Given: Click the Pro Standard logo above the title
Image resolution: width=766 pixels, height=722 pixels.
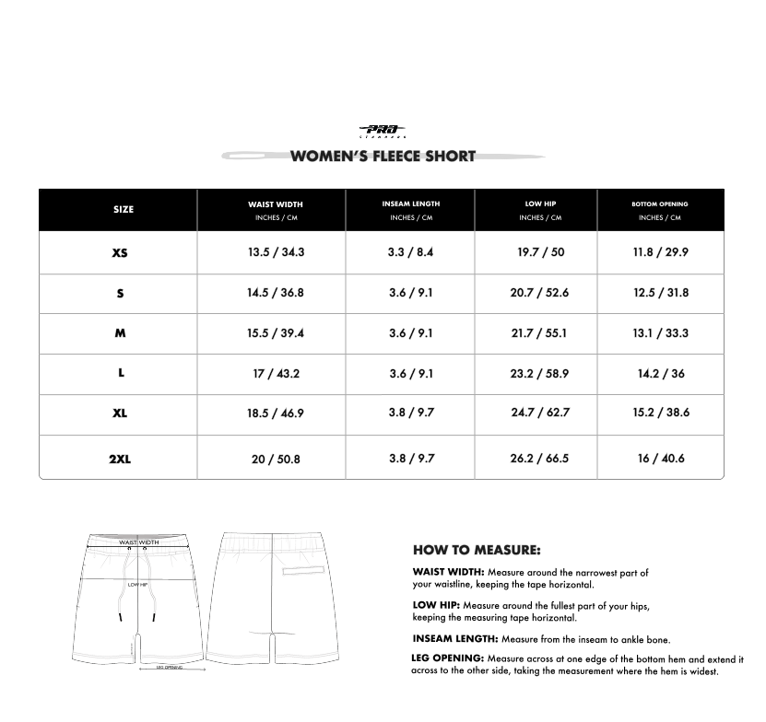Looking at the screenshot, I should click(382, 131).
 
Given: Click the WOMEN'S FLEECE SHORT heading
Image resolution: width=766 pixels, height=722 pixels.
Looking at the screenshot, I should click(383, 156).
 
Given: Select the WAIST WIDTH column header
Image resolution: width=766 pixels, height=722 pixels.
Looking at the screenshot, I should click(275, 204).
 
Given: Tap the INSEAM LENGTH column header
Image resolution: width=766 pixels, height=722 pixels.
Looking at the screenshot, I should click(410, 204).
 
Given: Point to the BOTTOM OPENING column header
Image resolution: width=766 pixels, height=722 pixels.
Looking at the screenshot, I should click(659, 204).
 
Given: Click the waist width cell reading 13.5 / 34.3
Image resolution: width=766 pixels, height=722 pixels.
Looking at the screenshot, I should click(276, 252).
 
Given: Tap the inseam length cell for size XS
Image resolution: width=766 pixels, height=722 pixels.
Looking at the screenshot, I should click(410, 252).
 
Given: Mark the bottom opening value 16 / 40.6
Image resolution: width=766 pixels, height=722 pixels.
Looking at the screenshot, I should click(661, 459).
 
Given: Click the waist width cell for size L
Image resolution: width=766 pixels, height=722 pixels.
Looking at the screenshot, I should click(276, 374).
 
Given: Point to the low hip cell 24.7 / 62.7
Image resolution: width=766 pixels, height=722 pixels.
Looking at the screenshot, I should click(540, 413).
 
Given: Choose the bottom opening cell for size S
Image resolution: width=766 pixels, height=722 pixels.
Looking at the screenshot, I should click(661, 293).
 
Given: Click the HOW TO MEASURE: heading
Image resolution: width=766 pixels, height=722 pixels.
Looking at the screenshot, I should click(476, 551).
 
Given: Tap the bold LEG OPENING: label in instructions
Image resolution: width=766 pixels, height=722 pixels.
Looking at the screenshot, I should click(447, 658).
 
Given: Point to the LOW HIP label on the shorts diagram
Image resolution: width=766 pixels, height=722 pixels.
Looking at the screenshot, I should click(137, 584).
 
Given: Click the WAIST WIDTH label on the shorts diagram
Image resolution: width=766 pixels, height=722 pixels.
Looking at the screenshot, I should click(138, 542).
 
